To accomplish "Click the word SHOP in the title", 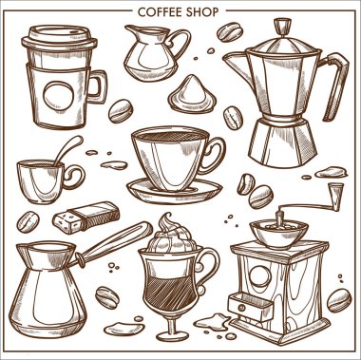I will click(203, 12).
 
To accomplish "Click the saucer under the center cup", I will click(176, 186).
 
